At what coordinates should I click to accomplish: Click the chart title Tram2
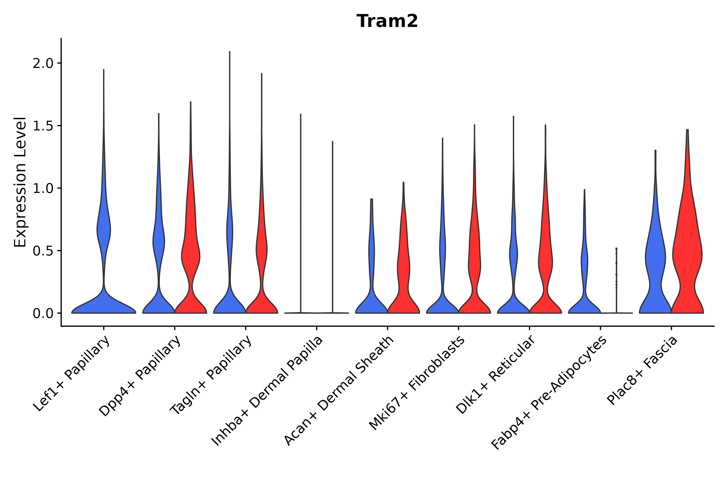point(387,21)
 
